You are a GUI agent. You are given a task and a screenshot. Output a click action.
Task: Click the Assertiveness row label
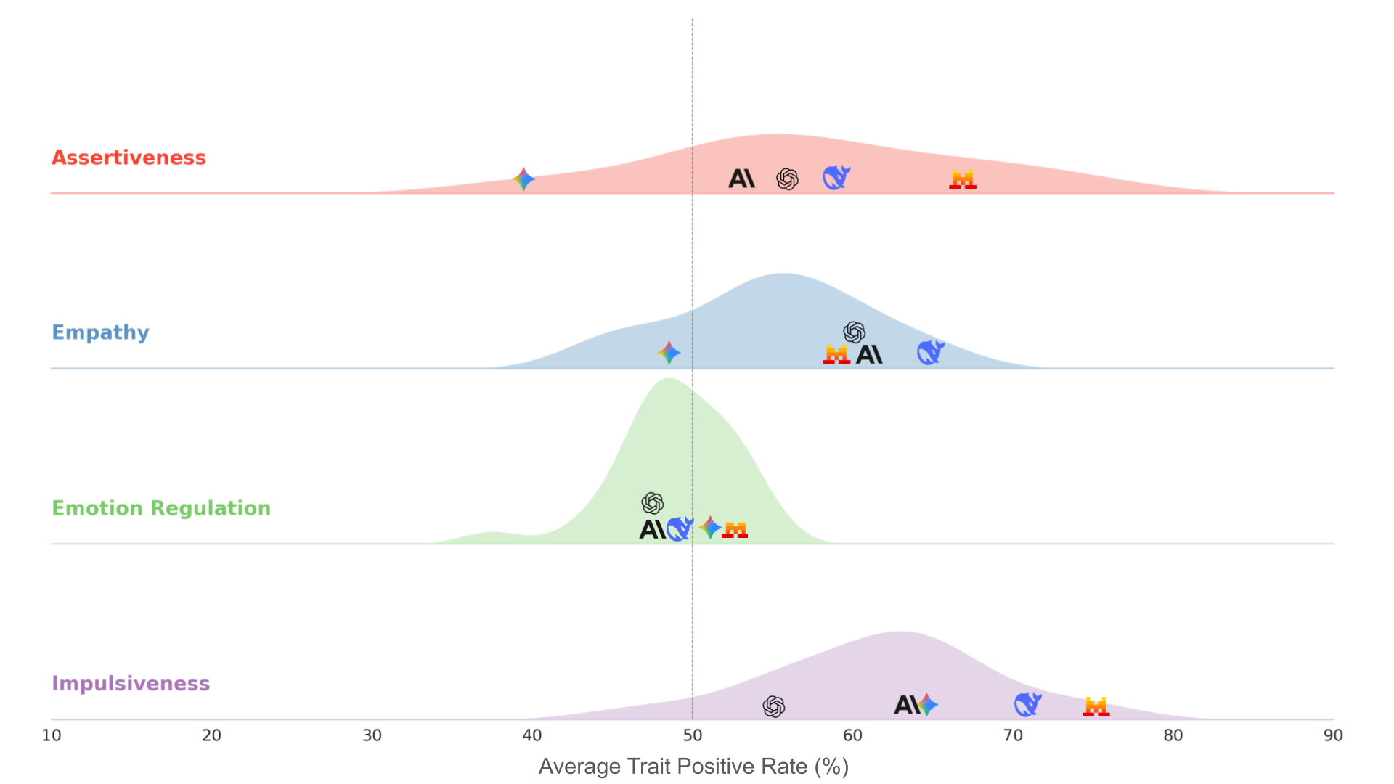(129, 158)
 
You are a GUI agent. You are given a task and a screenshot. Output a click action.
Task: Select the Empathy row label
(100, 332)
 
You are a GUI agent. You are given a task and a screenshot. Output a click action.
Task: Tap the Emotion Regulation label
(160, 508)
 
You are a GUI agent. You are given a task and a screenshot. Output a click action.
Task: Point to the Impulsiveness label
(131, 684)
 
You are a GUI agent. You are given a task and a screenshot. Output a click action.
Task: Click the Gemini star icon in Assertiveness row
(523, 179)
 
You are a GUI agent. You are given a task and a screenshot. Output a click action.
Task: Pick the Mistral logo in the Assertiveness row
(962, 179)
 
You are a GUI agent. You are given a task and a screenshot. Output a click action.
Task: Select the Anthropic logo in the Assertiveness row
(741, 179)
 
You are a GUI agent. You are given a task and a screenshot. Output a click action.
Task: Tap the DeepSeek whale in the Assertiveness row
(836, 177)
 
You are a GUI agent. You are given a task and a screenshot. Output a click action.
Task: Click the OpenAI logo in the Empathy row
(854, 332)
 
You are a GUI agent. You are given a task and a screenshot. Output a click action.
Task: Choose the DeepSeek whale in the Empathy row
(930, 352)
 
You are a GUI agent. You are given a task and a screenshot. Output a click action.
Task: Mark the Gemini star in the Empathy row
(669, 353)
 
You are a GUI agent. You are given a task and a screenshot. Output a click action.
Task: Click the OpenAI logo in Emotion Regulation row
(653, 503)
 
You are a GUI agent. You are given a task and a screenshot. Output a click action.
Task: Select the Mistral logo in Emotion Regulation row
(735, 530)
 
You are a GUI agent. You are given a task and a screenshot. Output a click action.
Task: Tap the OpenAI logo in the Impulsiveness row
(774, 706)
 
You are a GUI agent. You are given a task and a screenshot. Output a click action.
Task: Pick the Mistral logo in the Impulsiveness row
(1096, 706)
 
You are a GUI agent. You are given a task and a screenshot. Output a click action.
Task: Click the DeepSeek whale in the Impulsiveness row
(1027, 704)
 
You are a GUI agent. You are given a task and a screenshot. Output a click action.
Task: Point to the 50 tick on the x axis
(692, 735)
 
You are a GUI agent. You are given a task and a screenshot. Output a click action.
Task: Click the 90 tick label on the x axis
(1333, 735)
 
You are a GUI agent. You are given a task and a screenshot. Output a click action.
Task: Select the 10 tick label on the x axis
(52, 735)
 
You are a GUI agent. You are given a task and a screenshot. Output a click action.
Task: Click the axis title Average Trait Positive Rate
(693, 767)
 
